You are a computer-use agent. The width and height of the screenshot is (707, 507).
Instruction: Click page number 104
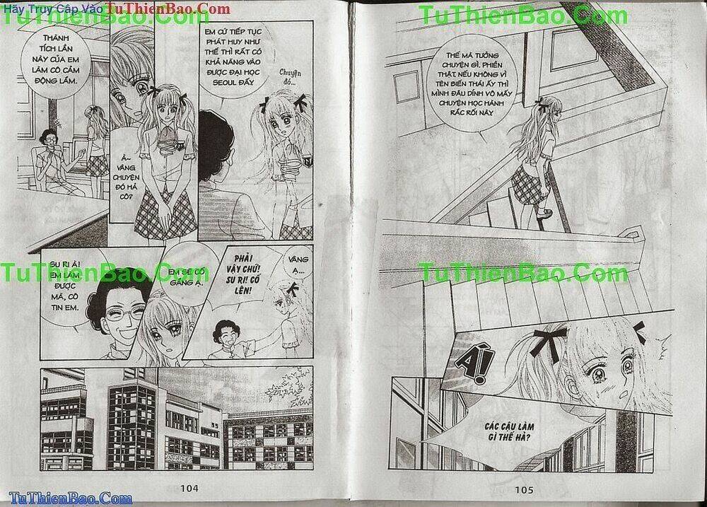[190, 487]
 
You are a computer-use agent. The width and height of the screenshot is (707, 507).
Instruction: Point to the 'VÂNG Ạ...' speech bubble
[294, 268]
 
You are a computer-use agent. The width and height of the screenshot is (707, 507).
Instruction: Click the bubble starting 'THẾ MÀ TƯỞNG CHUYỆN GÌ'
[478, 87]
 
